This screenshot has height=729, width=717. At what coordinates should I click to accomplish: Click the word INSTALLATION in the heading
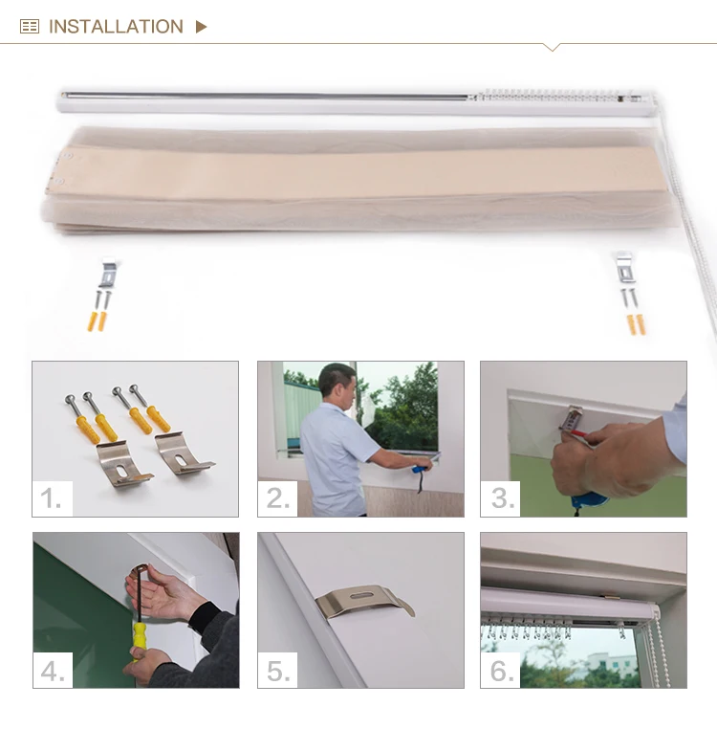point(116,27)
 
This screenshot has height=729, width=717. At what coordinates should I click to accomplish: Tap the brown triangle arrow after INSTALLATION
point(201,27)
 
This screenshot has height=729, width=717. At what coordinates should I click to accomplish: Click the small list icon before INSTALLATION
point(30,27)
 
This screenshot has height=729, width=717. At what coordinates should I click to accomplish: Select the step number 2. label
point(277,497)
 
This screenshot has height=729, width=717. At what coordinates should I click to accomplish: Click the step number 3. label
point(502,497)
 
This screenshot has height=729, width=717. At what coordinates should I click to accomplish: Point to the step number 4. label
point(53,670)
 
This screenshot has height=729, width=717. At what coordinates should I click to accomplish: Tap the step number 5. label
point(278,670)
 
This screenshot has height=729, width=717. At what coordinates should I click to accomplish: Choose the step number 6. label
point(502,670)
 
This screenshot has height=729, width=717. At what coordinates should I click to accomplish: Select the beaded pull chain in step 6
point(659,651)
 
